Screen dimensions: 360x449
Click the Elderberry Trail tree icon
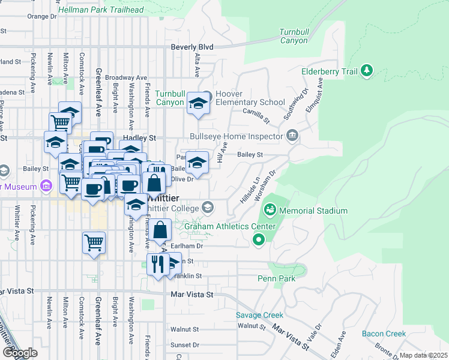coord(366,72)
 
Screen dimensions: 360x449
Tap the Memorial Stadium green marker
coord(270,210)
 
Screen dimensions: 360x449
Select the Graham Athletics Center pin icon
coord(259,241)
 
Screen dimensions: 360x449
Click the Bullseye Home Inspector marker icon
coord(292,136)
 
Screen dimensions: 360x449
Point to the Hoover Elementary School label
coord(250,98)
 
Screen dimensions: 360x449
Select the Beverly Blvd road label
coord(192,46)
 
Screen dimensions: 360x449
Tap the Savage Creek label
coord(259,315)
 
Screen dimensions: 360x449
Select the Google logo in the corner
coord(20,353)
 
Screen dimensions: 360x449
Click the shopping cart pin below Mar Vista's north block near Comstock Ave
coord(94,243)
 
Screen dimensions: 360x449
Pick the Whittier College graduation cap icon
coord(208,208)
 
